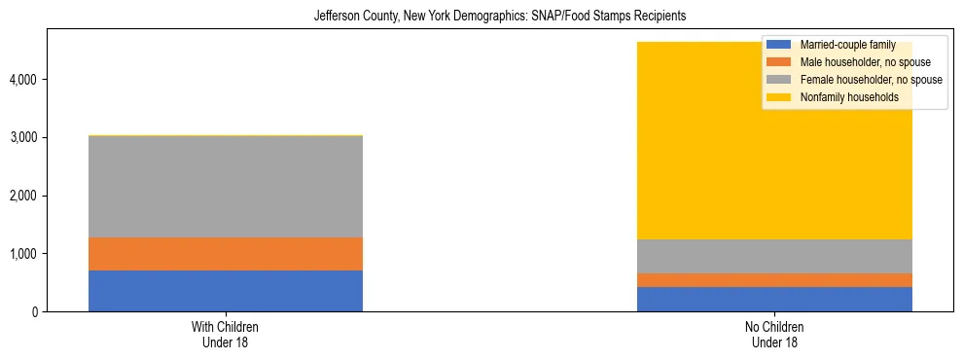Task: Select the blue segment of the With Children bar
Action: [x=226, y=291]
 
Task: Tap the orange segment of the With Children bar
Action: [x=226, y=254]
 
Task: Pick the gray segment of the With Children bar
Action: [x=226, y=186]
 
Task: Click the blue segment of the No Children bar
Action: [x=774, y=299]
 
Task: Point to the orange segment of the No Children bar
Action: [x=774, y=280]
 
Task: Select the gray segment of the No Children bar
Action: [x=774, y=256]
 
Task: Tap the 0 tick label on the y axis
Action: [x=36, y=312]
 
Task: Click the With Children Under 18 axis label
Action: [x=226, y=335]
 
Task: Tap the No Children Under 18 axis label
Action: [x=774, y=335]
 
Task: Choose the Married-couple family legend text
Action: [x=847, y=45]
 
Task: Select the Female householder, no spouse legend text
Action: [x=871, y=80]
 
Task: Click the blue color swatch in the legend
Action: [x=779, y=45]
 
